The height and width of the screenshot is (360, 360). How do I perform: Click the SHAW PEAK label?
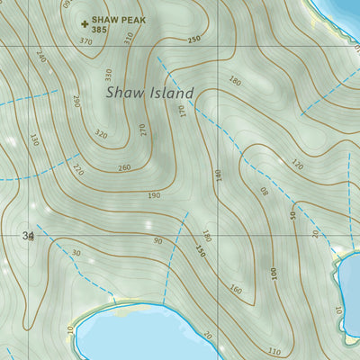pos(121,19)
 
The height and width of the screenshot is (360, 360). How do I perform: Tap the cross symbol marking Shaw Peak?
pos(85,24)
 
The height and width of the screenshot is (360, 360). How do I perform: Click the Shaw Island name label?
pos(150,92)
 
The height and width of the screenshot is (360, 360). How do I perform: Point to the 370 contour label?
pos(85,41)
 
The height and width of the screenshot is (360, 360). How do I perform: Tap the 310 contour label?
pos(128,38)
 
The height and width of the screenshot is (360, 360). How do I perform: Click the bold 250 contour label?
pos(194,40)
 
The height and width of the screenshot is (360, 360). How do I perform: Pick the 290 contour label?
pos(76,100)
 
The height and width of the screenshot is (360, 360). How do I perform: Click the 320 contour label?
pos(101,135)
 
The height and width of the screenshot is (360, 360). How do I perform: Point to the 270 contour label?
pos(142,129)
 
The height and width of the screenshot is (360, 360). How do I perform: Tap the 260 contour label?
pos(123,167)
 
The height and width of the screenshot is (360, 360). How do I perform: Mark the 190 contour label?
pos(154,195)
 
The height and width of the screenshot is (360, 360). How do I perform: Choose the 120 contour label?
pos(297,165)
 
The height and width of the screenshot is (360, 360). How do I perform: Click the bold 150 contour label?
pos(201,253)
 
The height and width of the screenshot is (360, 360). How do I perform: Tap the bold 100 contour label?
pos(273,274)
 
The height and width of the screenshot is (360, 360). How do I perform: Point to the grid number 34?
pos(28,236)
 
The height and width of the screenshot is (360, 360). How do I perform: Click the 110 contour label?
pos(274,351)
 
